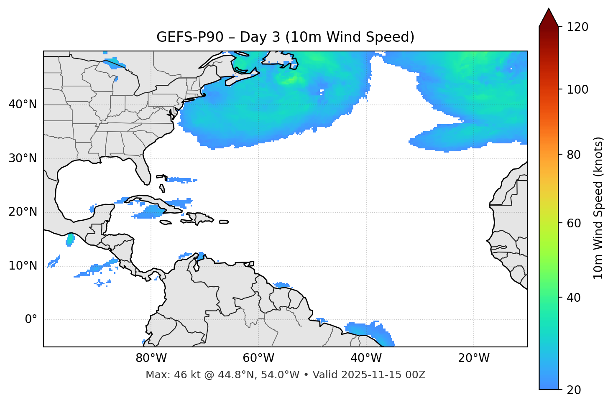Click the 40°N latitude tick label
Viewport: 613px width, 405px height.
23,104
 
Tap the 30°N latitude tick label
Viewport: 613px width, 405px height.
23,158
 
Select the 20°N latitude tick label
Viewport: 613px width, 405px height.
23,212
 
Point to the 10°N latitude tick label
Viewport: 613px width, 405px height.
23,266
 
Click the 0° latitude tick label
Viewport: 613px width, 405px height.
31,320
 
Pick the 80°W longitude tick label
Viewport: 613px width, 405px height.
151,358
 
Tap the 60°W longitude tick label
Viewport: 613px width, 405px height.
258,358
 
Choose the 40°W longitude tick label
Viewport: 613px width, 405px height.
366,358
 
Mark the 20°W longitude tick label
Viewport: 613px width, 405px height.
473,358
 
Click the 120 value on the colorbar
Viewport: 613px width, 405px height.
577,27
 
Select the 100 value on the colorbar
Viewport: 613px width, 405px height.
577,89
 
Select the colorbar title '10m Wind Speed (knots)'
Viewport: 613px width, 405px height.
598,208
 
